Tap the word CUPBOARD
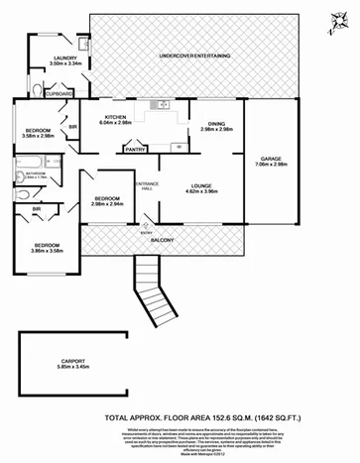click(x=60, y=95)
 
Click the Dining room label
click(x=215, y=125)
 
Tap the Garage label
click(x=271, y=161)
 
